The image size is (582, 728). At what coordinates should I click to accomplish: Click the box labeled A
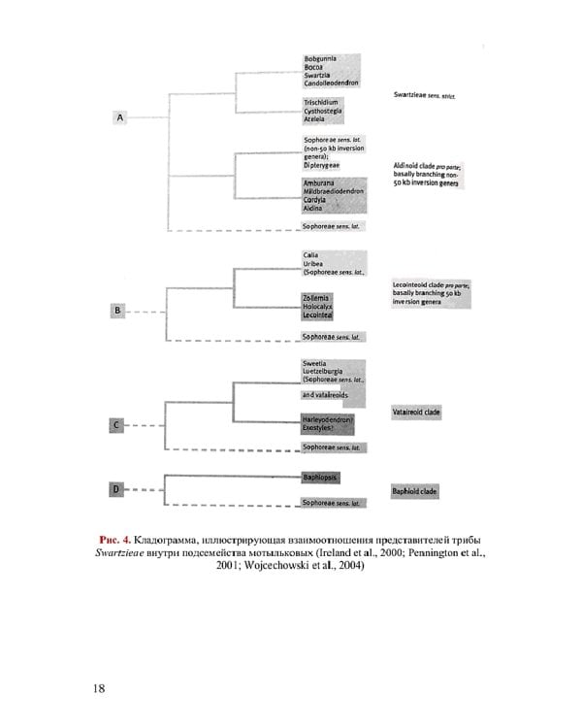(120, 117)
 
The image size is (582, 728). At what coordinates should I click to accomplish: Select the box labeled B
(117, 311)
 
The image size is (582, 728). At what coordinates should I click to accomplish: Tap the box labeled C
(116, 424)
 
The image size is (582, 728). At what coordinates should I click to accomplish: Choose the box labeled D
(115, 488)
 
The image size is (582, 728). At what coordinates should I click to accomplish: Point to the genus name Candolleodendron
(331, 83)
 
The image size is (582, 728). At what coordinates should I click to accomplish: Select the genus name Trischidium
(320, 101)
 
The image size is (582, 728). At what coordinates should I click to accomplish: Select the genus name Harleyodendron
(327, 419)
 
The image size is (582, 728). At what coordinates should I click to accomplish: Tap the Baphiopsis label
(319, 477)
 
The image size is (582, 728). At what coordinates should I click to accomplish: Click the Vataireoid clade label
(416, 413)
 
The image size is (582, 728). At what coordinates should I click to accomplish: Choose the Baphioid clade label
(414, 491)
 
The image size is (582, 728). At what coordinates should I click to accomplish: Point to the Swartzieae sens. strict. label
(424, 95)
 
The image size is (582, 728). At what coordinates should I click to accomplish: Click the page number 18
(99, 688)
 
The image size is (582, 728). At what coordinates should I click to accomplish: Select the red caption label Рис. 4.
(113, 540)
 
